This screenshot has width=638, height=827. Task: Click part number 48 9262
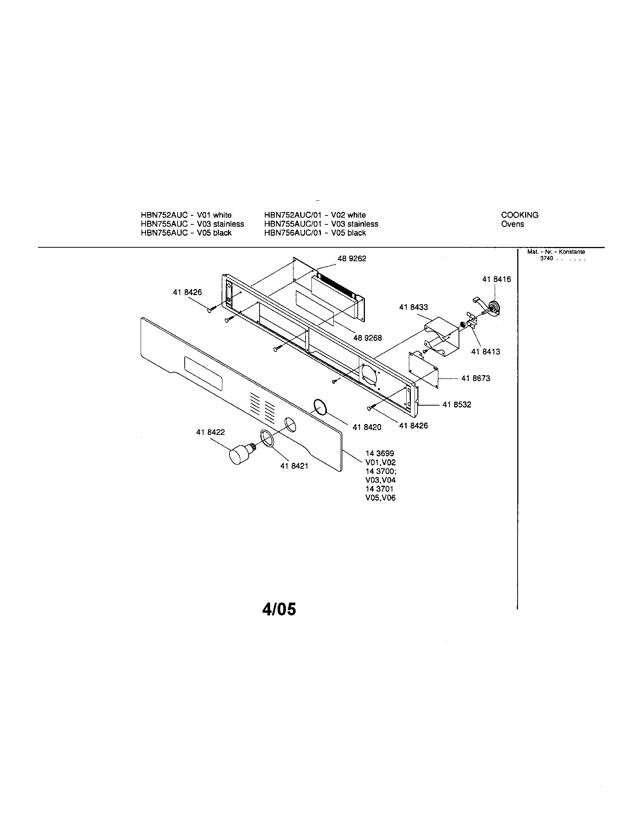pos(352,259)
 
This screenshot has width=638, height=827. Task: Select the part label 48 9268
pos(368,338)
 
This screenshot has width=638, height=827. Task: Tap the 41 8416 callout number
pos(496,279)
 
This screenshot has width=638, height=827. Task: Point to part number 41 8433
pos(413,307)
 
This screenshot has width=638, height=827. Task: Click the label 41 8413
pos(485,351)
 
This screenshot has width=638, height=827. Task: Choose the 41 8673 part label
pos(475,378)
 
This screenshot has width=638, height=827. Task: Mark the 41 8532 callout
pos(457,404)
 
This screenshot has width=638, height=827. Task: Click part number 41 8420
pos(367,427)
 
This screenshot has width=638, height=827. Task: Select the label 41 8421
pos(294,466)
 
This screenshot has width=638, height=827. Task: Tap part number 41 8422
pos(210,432)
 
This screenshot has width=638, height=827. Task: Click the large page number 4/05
pos(279,610)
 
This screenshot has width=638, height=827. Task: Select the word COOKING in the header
pos(520,215)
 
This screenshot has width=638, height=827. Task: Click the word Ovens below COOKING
pos(512,224)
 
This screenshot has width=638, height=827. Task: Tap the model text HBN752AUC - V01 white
pos(186,215)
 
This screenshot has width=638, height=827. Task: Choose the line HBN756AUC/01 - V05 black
pos(315,233)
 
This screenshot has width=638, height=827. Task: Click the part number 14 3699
pos(380,453)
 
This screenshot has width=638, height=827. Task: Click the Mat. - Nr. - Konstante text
pos(556,252)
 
